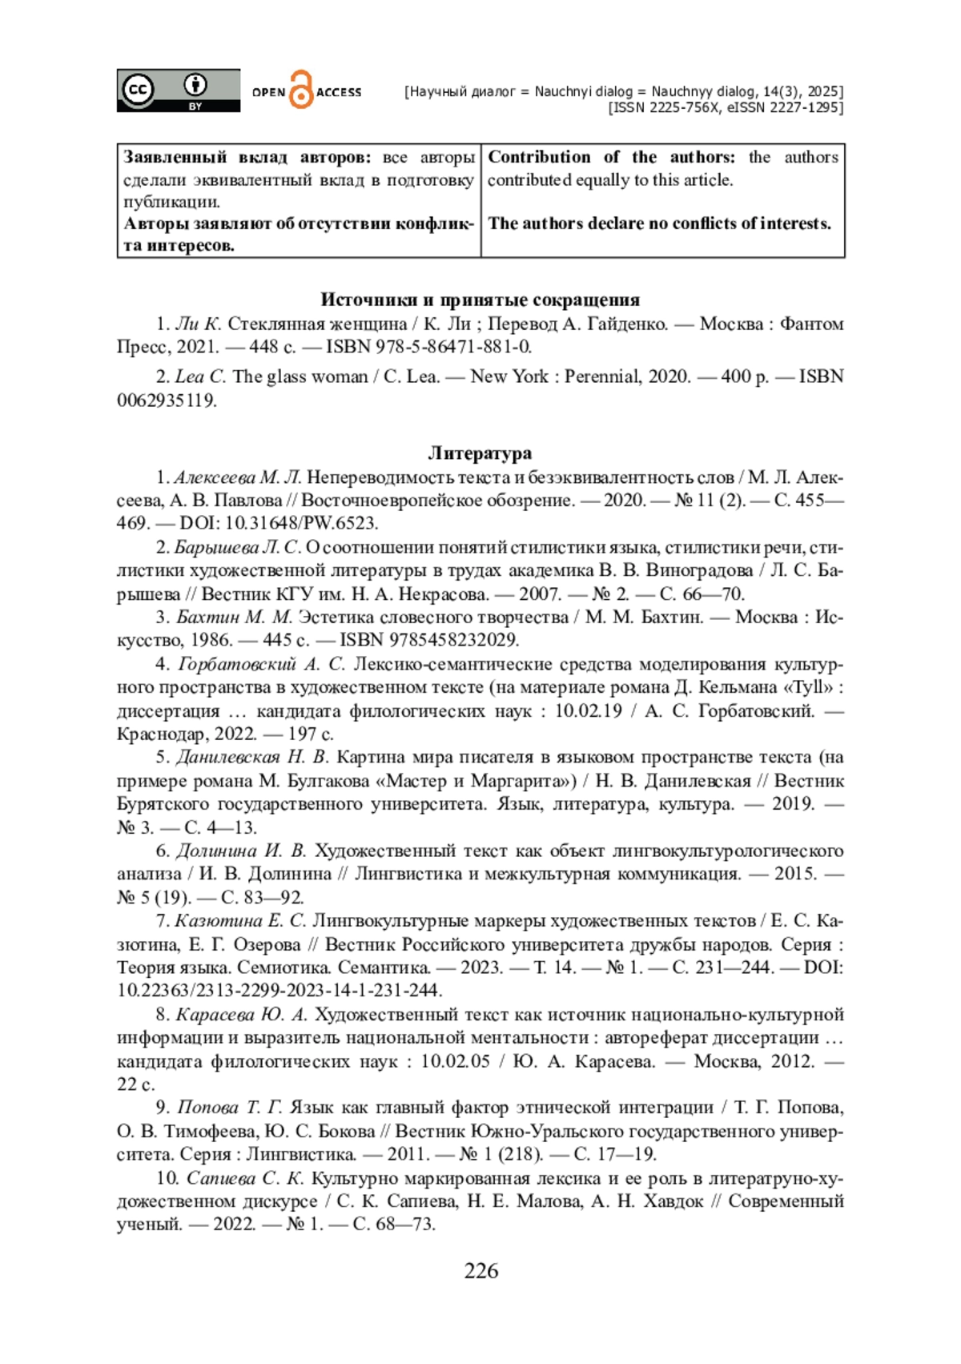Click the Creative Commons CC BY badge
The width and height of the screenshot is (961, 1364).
point(178,90)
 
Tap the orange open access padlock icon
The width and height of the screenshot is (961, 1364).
point(300,90)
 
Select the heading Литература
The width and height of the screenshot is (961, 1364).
point(480,453)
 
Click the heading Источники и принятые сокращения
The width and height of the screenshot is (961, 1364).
point(480,300)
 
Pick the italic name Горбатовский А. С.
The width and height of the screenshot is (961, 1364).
point(261,664)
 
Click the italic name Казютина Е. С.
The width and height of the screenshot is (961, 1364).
point(240,921)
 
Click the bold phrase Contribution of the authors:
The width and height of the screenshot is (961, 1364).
point(611,158)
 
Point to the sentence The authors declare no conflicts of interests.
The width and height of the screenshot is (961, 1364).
point(660,224)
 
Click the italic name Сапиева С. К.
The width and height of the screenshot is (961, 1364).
point(244,1179)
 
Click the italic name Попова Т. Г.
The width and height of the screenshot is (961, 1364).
point(229,1108)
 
